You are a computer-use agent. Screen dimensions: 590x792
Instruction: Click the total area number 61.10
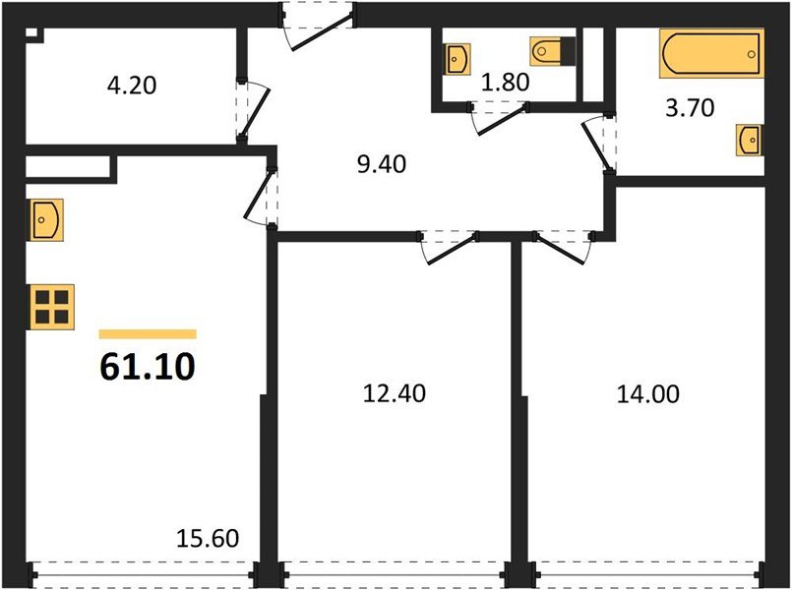pyautogui.click(x=148, y=366)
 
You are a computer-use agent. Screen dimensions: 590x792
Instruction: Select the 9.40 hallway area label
pyautogui.click(x=381, y=164)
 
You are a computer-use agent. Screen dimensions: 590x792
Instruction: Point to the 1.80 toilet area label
pyautogui.click(x=505, y=84)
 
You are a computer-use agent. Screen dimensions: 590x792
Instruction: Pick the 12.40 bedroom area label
pyautogui.click(x=394, y=394)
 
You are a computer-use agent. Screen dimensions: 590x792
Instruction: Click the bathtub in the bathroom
pyautogui.click(x=711, y=53)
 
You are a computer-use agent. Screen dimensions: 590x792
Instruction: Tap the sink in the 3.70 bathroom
pyautogui.click(x=749, y=140)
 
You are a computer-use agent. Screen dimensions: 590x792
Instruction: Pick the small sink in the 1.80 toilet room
pyautogui.click(x=457, y=59)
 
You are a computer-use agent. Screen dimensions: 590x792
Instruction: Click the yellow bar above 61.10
pyautogui.click(x=148, y=334)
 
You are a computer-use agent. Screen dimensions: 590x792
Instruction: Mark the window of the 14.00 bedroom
pyautogui.click(x=649, y=570)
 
